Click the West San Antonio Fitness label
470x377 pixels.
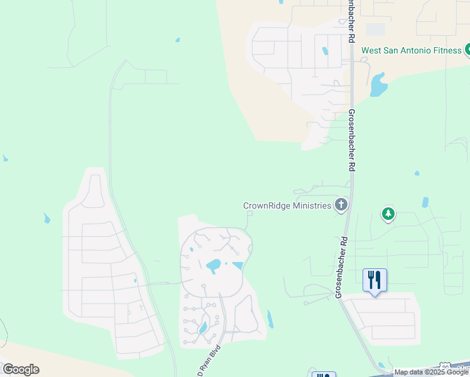point(403,50)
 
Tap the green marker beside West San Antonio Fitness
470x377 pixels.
point(467,50)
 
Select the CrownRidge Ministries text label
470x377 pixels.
point(287,205)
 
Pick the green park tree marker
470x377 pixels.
point(388,215)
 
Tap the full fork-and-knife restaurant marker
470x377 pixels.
point(374,280)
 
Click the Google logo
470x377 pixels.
point(21,369)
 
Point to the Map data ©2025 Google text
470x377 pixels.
point(431,373)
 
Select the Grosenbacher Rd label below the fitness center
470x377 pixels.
point(352,141)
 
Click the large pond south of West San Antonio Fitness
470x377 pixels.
point(378,84)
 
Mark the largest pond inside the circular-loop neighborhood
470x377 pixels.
point(214,265)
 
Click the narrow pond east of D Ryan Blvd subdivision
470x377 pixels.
point(270,319)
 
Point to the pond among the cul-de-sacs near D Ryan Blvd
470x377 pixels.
point(203,327)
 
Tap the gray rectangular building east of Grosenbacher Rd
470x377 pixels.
point(375,29)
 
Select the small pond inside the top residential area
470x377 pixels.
point(325,52)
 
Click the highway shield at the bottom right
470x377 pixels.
point(445,366)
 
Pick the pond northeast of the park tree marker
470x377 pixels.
point(425,202)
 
